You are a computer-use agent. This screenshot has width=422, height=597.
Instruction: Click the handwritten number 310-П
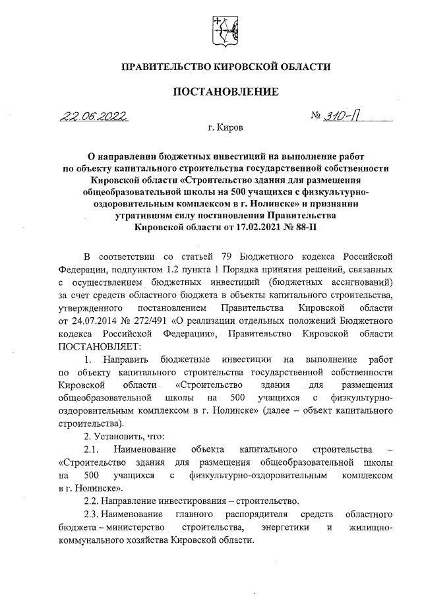click(343, 117)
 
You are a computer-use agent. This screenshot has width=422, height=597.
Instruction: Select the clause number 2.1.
click(91, 449)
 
